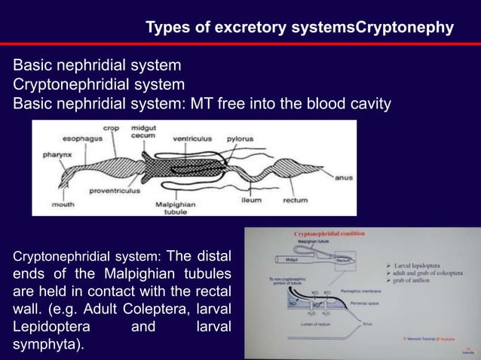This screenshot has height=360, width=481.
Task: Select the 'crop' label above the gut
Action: pos(111,129)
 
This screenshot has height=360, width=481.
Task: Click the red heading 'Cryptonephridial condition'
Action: pos(329,235)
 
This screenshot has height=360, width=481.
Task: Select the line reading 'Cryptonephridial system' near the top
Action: pos(98,83)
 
